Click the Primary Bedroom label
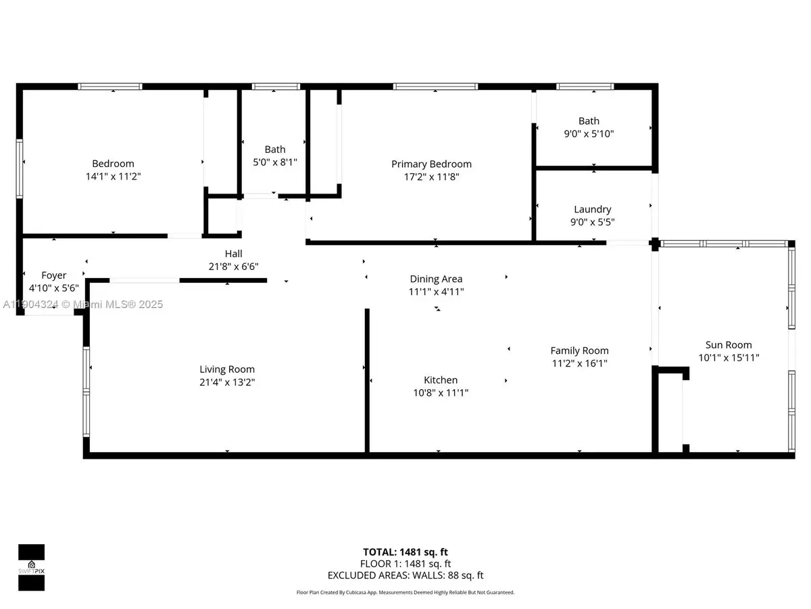coord(431,164)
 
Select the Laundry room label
coord(592,210)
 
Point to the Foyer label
coord(54,275)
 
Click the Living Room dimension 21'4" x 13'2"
coord(227,382)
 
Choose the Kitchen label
coord(441,380)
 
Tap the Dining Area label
coord(436,279)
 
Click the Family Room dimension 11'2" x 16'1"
coord(579,363)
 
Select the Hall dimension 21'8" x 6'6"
coord(233,267)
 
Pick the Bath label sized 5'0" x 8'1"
coord(275,150)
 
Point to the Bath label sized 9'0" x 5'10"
coord(589,121)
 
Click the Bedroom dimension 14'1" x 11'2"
coord(113,176)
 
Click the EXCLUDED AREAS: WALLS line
coord(405,575)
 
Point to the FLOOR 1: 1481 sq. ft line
coord(405,564)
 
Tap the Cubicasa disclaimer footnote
coord(405,592)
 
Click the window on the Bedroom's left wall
coord(20,168)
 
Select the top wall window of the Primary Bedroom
coord(435,87)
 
